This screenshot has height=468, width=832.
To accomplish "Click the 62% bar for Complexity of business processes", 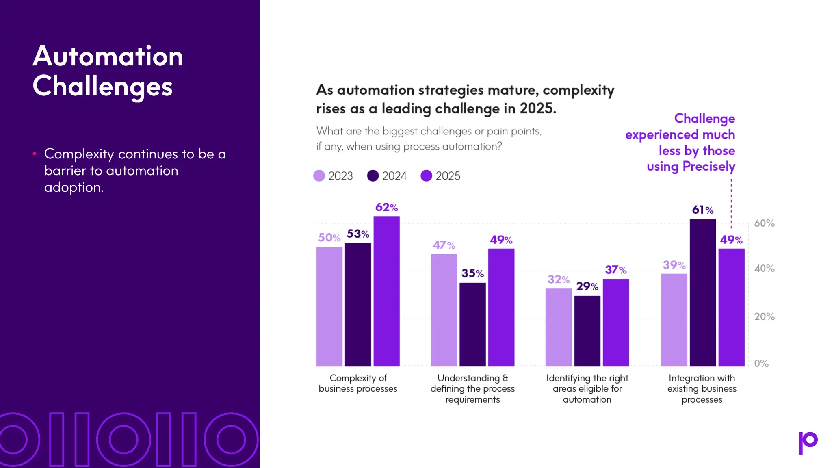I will [x=386, y=291].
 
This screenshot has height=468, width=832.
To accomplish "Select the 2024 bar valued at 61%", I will [x=702, y=292].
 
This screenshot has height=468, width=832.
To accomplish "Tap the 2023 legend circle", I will [x=319, y=175].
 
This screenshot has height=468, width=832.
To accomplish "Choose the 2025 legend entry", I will [x=441, y=175].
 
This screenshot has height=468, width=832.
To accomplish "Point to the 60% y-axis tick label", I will [x=764, y=223].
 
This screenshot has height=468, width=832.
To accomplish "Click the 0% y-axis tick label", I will [x=761, y=364].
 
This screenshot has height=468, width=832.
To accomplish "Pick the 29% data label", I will [x=587, y=286].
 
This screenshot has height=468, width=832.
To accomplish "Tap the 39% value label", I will [x=674, y=265].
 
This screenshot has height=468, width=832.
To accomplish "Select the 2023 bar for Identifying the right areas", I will [x=558, y=327].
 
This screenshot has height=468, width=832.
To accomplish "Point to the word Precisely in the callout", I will [x=708, y=167].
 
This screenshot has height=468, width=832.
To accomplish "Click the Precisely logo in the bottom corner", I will [x=808, y=442].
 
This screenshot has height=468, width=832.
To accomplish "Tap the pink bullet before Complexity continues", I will [x=35, y=154].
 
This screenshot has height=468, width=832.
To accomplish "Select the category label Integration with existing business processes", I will [x=702, y=388].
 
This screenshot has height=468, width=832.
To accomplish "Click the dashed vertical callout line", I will [x=731, y=203].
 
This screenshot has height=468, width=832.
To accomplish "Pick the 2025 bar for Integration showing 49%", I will [x=731, y=307].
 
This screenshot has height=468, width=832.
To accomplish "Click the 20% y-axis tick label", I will [x=764, y=316].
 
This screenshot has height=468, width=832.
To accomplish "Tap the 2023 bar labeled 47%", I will [x=444, y=310].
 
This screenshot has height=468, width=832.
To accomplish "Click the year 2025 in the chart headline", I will [x=536, y=108].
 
